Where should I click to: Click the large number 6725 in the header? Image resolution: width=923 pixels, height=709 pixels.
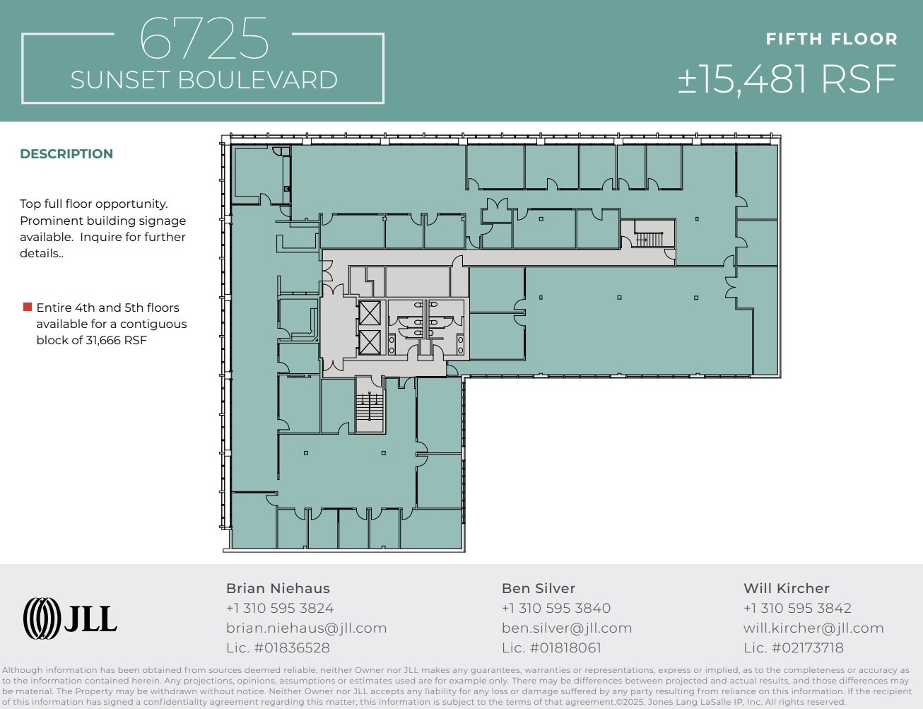point(204,40)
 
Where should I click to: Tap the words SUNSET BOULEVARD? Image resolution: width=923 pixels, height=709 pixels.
point(204,80)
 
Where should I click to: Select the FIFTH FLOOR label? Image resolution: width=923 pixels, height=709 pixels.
point(831,40)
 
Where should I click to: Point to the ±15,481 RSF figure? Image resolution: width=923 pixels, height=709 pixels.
point(787,79)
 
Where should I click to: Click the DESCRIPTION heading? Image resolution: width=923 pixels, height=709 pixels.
point(66,154)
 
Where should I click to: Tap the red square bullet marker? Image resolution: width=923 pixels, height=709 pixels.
point(28,307)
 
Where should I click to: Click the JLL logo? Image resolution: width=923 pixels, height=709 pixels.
point(70,619)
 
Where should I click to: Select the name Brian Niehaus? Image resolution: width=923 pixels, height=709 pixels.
point(278,588)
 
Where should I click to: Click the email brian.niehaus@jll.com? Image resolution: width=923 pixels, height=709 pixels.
point(306,628)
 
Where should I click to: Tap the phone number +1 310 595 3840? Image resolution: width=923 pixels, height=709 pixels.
point(555,608)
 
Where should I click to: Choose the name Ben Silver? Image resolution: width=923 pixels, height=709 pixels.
point(538,588)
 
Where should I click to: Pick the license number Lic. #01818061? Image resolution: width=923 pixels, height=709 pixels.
point(551,648)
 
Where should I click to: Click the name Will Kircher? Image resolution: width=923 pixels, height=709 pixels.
point(786,588)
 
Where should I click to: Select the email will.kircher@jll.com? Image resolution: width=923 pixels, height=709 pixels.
point(813,628)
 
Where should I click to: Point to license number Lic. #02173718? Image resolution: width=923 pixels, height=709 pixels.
point(793,648)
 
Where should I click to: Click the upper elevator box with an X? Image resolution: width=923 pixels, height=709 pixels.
point(370,312)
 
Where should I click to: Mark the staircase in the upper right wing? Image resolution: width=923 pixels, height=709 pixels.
point(648,234)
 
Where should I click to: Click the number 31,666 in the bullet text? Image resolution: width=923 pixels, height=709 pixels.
point(103,340)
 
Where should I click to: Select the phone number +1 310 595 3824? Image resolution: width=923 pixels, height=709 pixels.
point(279,608)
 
